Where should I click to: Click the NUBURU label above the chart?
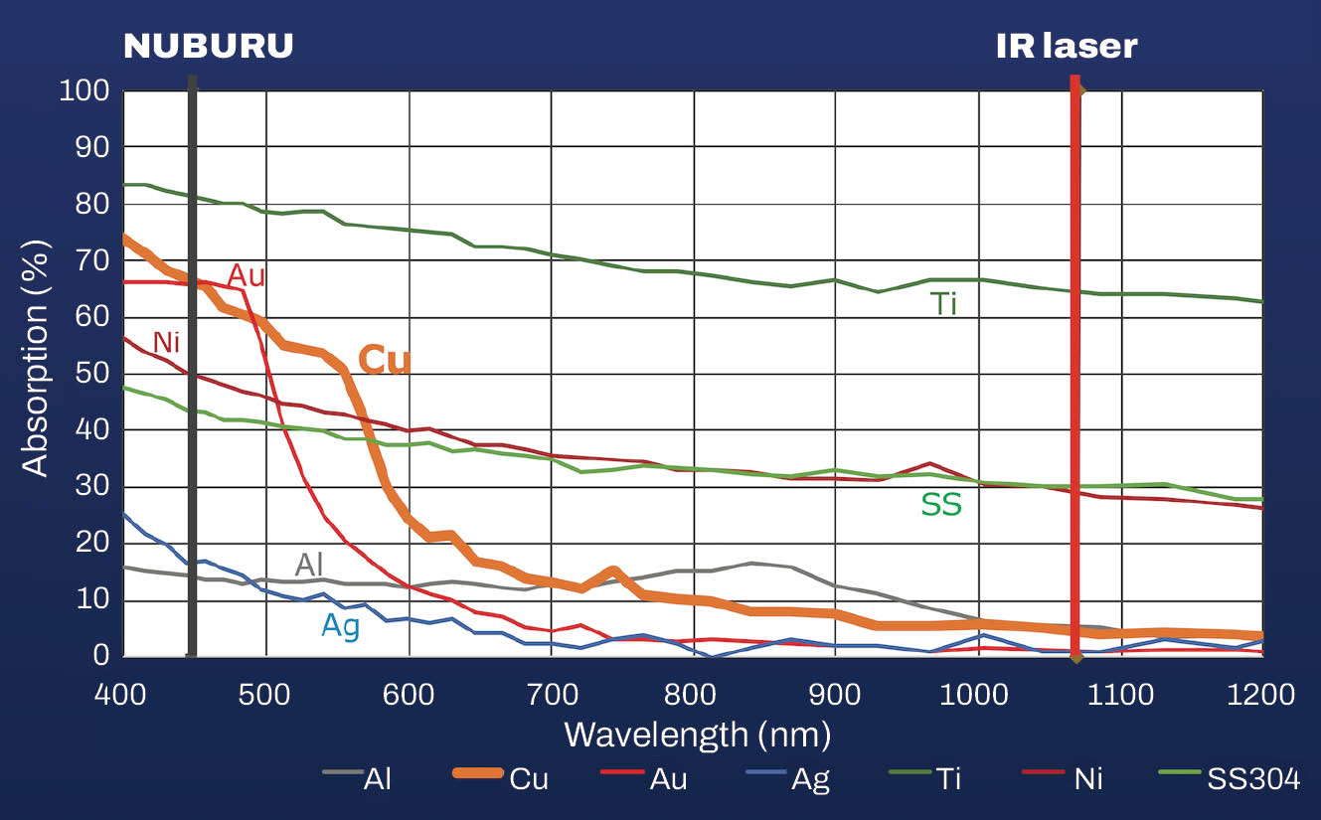(x=208, y=46)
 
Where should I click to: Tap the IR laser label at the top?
(x=1067, y=46)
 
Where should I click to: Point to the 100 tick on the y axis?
(x=84, y=90)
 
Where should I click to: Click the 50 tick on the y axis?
(x=90, y=374)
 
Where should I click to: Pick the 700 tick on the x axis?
(x=693, y=694)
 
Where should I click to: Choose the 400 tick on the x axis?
(x=122, y=694)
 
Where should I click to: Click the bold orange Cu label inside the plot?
(x=384, y=361)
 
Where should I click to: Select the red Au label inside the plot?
(x=247, y=275)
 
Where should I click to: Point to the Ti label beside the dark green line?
(x=943, y=303)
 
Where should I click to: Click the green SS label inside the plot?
(x=940, y=505)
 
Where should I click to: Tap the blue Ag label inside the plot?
(x=340, y=625)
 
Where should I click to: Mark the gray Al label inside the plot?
(x=310, y=564)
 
